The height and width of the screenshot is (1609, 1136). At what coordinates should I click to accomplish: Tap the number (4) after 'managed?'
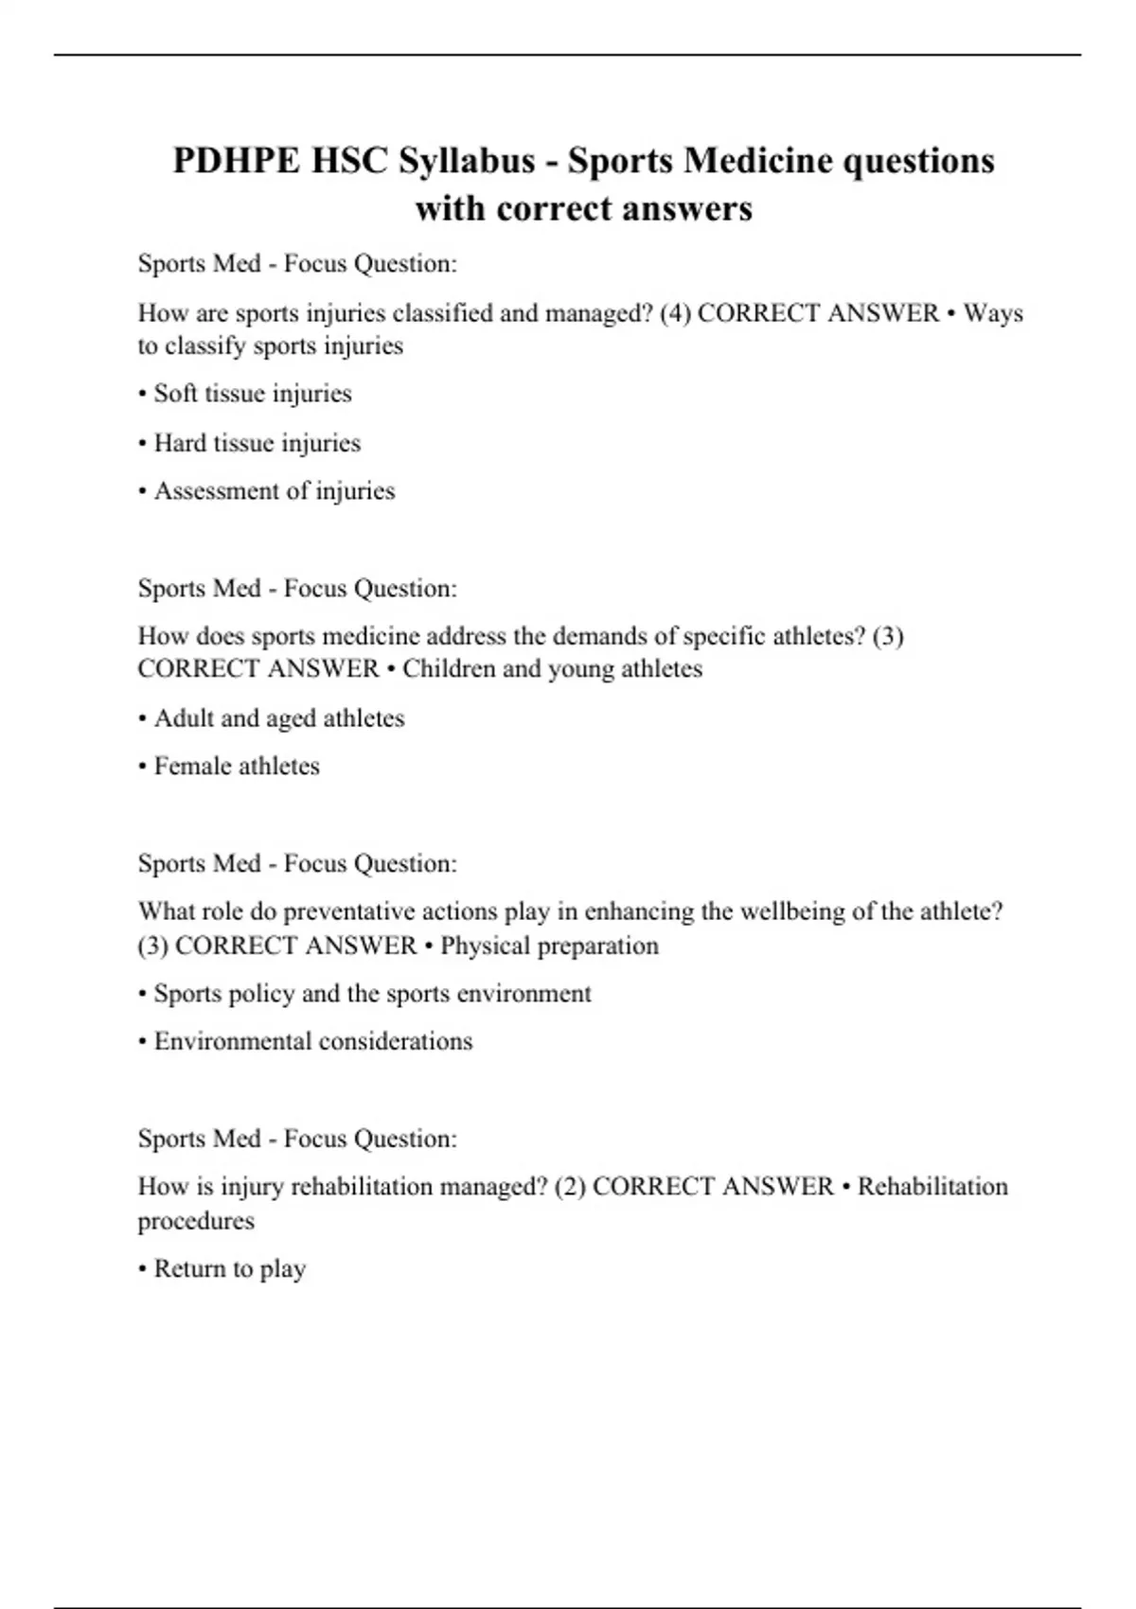tap(675, 313)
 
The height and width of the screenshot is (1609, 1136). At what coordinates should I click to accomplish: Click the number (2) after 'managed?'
tap(570, 1187)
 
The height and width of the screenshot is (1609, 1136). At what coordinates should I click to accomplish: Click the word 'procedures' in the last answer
tap(196, 1221)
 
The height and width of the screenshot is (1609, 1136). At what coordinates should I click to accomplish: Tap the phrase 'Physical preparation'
tap(549, 946)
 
